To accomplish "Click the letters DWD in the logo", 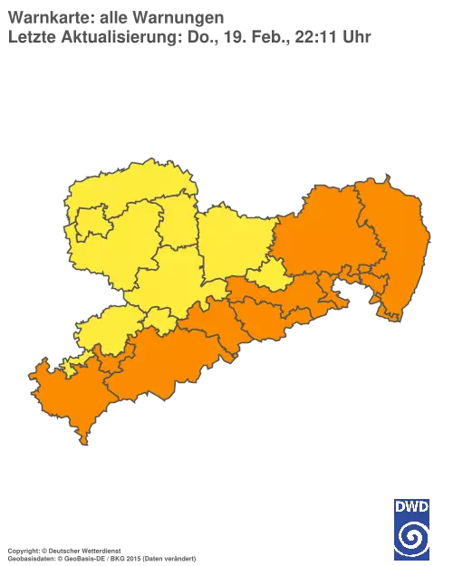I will tap(411, 506).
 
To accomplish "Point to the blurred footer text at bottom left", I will tap(100, 551).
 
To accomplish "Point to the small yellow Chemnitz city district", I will tap(159, 319).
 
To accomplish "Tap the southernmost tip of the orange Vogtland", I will tap(84, 443).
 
